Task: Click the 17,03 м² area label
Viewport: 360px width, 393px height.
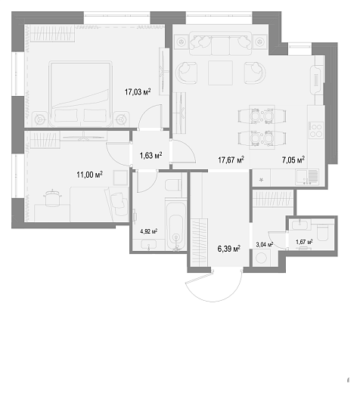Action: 138,91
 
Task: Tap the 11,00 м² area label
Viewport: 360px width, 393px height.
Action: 89,175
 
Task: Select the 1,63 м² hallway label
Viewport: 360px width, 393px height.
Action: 151,156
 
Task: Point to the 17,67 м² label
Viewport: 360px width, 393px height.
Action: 231,159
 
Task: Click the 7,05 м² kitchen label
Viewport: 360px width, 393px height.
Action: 293,159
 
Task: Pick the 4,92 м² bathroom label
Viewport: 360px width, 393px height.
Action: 149,231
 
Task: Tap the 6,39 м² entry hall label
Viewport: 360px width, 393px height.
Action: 229,249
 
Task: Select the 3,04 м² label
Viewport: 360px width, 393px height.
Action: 265,244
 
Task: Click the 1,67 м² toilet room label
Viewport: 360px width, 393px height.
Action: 304,242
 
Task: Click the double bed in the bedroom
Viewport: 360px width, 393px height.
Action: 81,94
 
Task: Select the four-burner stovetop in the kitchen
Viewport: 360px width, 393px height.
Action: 316,130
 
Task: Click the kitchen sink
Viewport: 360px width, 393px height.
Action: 307,177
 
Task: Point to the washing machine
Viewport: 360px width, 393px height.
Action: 262,258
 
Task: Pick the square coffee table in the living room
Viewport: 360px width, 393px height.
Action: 220,73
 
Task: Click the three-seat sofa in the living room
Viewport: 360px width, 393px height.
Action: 220,43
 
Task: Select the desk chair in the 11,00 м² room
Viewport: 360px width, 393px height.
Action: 52,198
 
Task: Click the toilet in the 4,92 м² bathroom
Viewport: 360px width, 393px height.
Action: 173,185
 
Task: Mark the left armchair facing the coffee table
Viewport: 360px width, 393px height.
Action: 186,73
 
